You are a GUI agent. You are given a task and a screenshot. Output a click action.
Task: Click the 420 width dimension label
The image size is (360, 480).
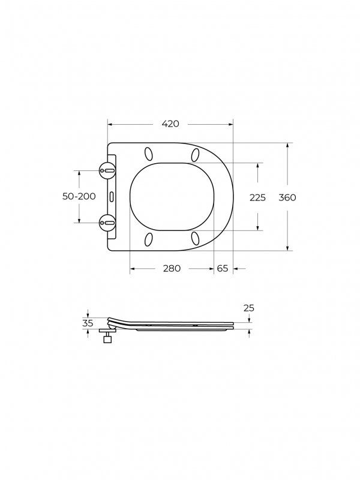[170, 124]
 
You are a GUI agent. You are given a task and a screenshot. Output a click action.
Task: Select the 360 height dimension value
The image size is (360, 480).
[287, 198]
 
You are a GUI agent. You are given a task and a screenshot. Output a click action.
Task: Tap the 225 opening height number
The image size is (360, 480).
[257, 198]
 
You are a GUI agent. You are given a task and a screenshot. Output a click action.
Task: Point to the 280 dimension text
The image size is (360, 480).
[172, 268]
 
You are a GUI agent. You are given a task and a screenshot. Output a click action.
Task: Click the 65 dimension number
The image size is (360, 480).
[223, 268]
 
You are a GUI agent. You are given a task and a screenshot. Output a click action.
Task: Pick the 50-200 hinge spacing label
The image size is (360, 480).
[79, 196]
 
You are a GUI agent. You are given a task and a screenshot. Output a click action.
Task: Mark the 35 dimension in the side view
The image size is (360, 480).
[88, 323]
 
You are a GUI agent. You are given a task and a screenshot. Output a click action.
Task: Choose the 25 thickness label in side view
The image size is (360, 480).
[249, 308]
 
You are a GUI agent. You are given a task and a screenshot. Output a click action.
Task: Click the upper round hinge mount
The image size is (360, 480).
[107, 170]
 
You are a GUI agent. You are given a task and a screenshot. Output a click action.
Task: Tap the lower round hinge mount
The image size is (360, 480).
[107, 223]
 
